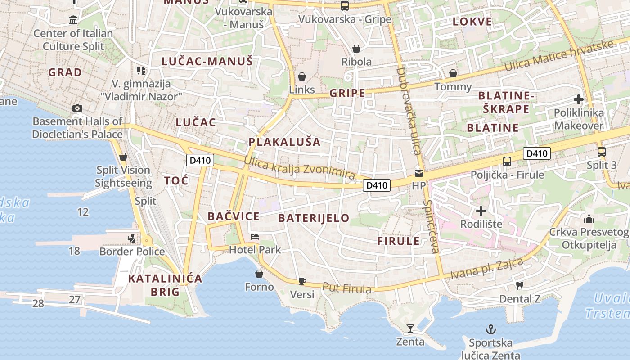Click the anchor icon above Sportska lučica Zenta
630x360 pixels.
pyautogui.click(x=490, y=329)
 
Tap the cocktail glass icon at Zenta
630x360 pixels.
pyautogui.click(x=410, y=328)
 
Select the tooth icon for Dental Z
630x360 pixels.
pyautogui.click(x=519, y=285)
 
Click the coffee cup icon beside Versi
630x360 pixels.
pyautogui.click(x=302, y=281)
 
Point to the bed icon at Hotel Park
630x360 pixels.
pyautogui.click(x=255, y=236)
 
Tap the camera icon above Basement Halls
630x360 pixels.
pyautogui.click(x=77, y=108)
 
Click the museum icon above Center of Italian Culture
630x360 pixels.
pyautogui.click(x=73, y=20)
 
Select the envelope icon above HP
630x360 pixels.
pyautogui.click(x=419, y=173)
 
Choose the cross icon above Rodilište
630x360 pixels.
pyautogui.click(x=481, y=211)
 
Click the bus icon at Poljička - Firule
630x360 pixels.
pyautogui.click(x=507, y=162)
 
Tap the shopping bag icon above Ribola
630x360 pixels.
pyautogui.click(x=356, y=48)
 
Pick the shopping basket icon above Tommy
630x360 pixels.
pyautogui.click(x=453, y=73)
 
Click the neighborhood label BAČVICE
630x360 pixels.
pyautogui.click(x=234, y=216)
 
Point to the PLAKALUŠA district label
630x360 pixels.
pyautogui.click(x=284, y=142)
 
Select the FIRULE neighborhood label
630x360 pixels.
pyautogui.click(x=398, y=241)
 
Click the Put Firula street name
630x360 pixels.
pyautogui.click(x=346, y=288)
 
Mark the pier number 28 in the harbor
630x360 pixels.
pyautogui.click(x=38, y=304)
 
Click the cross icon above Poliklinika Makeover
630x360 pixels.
pyautogui.click(x=579, y=99)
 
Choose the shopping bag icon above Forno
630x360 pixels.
pyautogui.click(x=259, y=273)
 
